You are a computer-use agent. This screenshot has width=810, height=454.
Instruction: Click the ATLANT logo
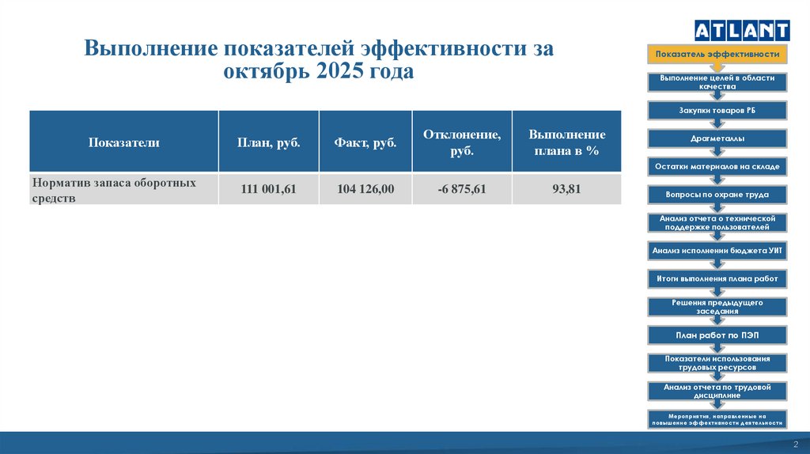741,30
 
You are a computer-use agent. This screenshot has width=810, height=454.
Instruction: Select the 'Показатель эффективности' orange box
717,55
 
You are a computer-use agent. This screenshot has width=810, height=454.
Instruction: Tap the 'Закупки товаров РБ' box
717,111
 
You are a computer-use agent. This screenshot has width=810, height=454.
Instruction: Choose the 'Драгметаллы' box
717,138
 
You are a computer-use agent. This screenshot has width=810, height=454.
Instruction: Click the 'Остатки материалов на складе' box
717,167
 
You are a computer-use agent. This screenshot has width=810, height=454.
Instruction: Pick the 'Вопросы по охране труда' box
717,194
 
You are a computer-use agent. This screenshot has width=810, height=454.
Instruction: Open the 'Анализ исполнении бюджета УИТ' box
717,251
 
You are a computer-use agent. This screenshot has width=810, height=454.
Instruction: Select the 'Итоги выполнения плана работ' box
717,278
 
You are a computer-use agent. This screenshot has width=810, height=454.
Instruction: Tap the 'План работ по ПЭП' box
717,335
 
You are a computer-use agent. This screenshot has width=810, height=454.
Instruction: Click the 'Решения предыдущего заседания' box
717,307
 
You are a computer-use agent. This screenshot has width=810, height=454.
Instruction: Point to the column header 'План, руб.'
268,142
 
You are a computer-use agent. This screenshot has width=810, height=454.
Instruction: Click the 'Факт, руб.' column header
365,142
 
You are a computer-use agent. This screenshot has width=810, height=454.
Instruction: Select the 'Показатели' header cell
124,142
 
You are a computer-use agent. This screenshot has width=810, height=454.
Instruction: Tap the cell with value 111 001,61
268,189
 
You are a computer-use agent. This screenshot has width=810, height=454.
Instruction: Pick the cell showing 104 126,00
365,189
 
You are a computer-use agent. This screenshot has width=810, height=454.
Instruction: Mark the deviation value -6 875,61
461,189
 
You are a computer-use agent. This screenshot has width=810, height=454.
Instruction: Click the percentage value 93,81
566,189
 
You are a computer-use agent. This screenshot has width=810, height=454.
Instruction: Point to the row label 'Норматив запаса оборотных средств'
114,190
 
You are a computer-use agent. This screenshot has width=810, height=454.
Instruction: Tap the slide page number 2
796,445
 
